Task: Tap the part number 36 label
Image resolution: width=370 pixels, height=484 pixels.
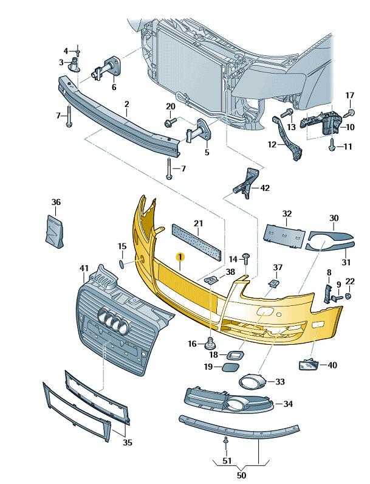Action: (56, 202)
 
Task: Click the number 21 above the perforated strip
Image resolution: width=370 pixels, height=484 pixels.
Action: (198, 224)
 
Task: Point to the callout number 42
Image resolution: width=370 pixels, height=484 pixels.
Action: (264, 188)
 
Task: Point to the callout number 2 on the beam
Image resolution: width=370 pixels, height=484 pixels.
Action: (126, 105)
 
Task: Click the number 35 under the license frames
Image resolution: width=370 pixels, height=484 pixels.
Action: (127, 442)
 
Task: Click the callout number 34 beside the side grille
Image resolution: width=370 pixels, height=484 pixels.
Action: (287, 403)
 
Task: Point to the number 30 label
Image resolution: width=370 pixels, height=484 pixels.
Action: (334, 218)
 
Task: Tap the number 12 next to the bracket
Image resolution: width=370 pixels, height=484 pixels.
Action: (272, 145)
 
